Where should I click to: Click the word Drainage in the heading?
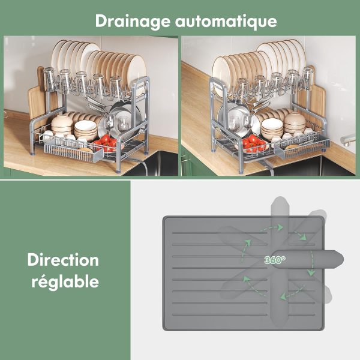point(133,22)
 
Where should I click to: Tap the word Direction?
point(63,260)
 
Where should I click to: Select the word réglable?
point(65,281)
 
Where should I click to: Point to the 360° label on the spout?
point(275,260)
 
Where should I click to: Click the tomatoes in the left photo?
point(106,142)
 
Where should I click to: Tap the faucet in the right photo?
point(349,139)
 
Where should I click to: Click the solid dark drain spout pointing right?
point(308,260)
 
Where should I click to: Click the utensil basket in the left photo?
point(73,152)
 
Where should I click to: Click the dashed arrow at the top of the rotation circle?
point(271,229)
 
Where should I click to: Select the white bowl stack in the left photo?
point(86,130)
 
